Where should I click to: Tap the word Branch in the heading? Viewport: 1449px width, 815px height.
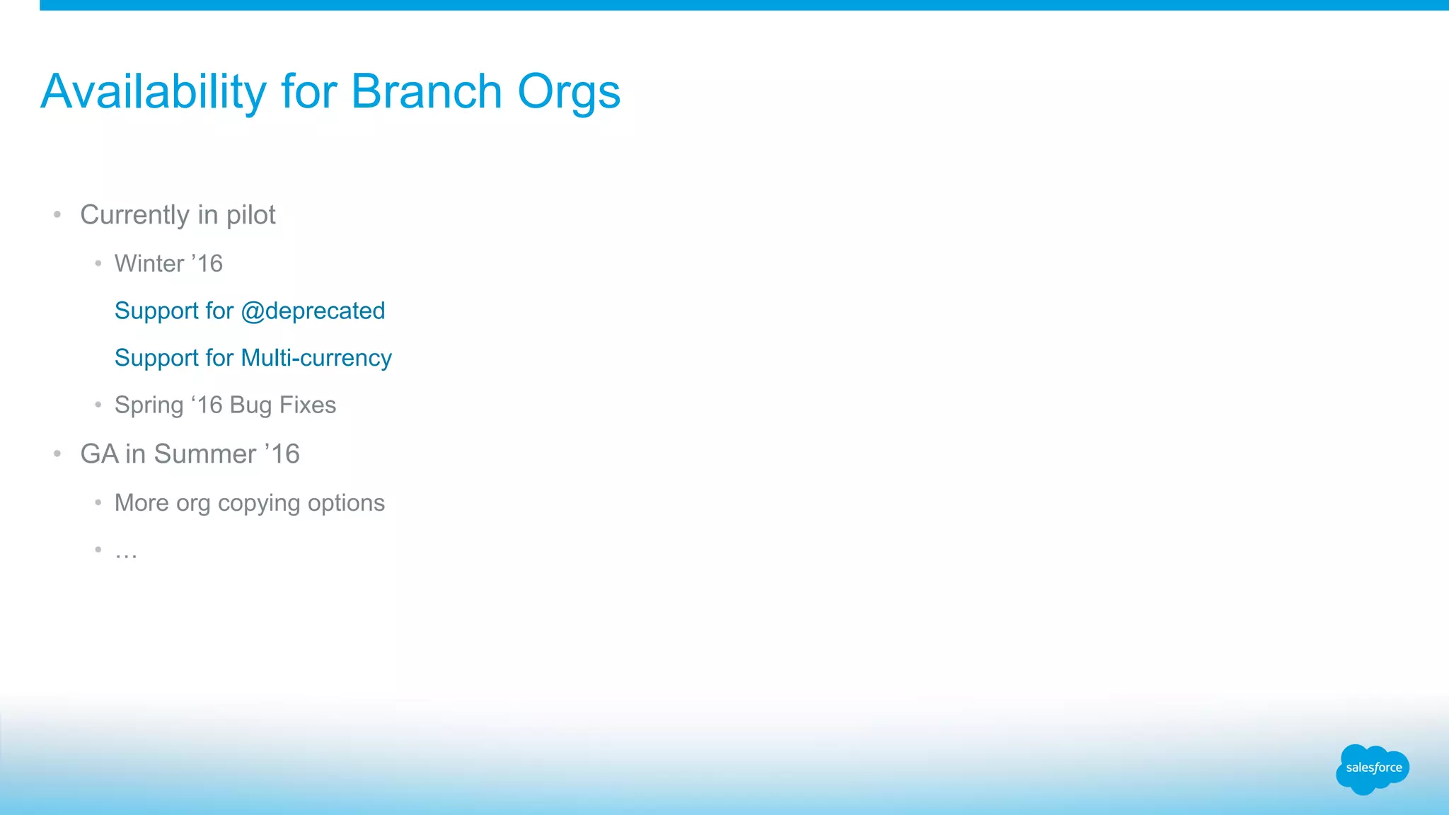(426, 92)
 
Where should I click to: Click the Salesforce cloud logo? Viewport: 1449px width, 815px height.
(1373, 768)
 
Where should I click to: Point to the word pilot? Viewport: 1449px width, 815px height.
(250, 215)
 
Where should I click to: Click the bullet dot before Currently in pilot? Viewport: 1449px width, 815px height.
(57, 214)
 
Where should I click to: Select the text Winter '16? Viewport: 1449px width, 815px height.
(168, 264)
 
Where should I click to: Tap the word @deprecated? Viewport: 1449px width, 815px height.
(313, 311)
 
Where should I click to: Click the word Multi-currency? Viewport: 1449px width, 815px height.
(316, 359)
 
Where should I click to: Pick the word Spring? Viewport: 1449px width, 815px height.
(149, 406)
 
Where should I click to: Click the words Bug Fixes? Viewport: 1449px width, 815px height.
(283, 405)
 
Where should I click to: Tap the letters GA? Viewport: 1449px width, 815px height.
(99, 454)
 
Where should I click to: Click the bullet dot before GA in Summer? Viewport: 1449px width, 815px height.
(57, 453)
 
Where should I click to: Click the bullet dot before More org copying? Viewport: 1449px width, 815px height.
(98, 502)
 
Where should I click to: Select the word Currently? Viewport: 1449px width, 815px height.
(134, 215)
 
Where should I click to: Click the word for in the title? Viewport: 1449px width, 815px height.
(308, 92)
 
